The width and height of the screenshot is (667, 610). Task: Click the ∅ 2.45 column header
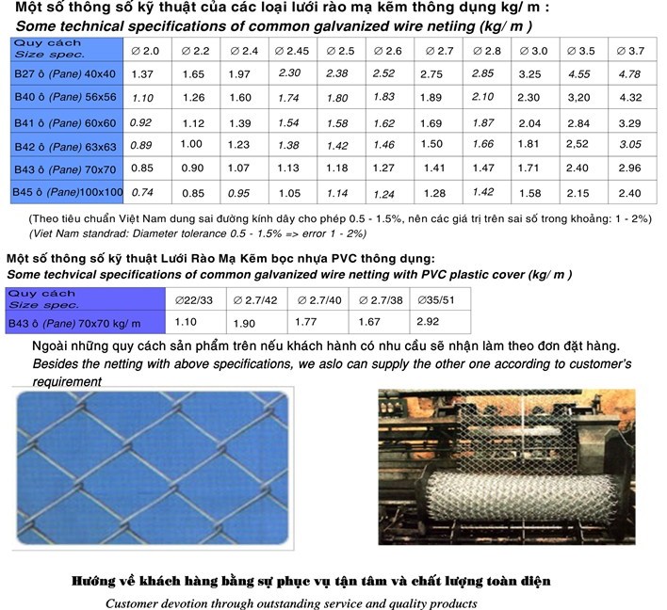(x=291, y=50)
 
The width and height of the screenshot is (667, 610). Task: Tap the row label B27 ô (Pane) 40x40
(x=65, y=73)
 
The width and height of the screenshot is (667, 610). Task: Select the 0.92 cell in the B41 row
(x=140, y=122)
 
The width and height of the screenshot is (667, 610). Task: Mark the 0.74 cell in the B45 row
(x=142, y=192)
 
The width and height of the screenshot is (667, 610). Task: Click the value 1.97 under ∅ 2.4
(x=239, y=73)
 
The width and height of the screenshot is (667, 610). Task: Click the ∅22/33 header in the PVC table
(x=194, y=299)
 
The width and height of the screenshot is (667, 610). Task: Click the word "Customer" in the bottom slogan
(x=137, y=603)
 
